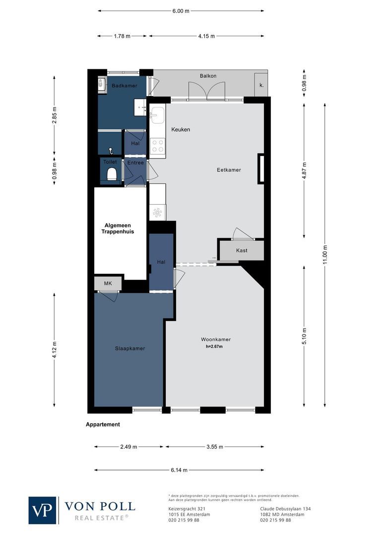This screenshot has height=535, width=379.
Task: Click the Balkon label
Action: (208, 76)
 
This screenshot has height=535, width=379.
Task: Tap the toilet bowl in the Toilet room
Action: (112, 174)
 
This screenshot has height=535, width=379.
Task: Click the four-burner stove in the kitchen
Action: (158, 146)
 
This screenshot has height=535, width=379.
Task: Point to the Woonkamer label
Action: (215, 339)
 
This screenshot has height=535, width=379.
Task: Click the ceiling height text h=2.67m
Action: (214, 347)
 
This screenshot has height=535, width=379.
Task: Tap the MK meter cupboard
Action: (108, 283)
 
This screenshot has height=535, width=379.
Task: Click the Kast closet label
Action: (242, 251)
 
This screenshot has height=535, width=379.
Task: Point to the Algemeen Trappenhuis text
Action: (118, 228)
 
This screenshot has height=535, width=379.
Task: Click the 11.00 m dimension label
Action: (325, 256)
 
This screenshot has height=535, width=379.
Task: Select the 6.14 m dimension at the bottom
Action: (179, 470)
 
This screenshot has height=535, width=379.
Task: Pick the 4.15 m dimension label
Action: (206, 36)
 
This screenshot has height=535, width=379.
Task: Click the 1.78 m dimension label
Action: (122, 36)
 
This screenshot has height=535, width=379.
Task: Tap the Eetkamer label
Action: (229, 170)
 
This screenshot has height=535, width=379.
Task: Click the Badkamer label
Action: (124, 86)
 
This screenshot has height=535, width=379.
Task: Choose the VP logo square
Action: (43, 510)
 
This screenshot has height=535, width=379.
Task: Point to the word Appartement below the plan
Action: (103, 425)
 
